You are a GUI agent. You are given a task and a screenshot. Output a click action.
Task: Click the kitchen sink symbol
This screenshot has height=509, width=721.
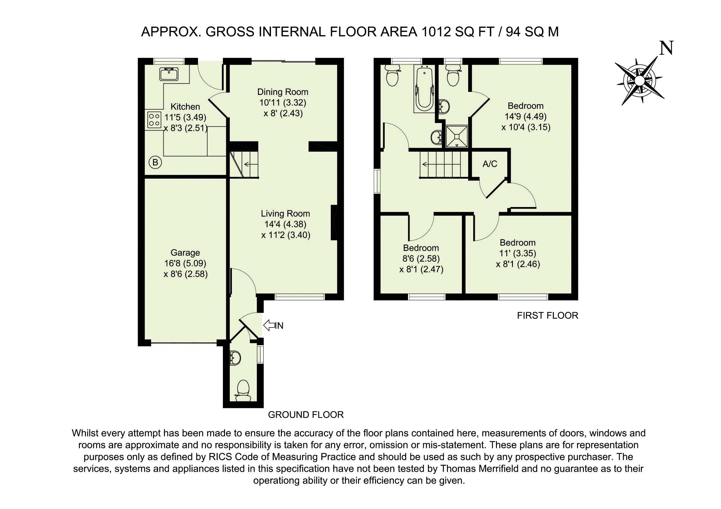pyautogui.click(x=169, y=74)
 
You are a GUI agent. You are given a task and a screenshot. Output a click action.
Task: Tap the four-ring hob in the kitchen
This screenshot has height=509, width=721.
pyautogui.click(x=154, y=120)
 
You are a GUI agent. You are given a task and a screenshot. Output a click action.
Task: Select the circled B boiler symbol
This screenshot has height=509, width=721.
pyautogui.click(x=155, y=163)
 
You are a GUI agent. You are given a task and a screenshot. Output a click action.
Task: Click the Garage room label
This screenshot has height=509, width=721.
pyautogui.click(x=185, y=253)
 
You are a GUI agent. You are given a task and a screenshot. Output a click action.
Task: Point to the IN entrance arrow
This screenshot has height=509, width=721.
pyautogui.click(x=273, y=326)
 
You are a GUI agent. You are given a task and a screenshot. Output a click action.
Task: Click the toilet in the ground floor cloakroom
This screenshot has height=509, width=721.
pyautogui.click(x=243, y=391)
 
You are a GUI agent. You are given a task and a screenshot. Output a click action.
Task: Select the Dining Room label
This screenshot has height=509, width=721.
pyautogui.click(x=282, y=92)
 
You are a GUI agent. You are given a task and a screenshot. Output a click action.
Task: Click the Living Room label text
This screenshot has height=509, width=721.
pyautogui.click(x=285, y=214)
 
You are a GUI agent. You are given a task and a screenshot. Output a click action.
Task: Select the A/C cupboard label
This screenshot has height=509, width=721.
pyautogui.click(x=490, y=164)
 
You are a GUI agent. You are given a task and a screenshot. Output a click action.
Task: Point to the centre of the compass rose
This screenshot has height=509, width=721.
pyautogui.click(x=639, y=81)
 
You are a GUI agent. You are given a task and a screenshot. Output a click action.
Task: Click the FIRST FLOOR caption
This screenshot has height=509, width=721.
pyautogui.click(x=548, y=315)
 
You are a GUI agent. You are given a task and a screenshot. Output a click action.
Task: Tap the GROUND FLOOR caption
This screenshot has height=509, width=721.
pyautogui.click(x=306, y=415)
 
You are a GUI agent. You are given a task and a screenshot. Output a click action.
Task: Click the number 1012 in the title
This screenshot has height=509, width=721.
pyautogui.click(x=434, y=32)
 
